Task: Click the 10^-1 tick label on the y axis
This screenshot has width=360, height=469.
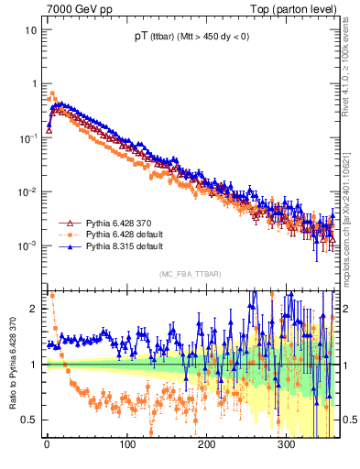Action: tap(28, 137)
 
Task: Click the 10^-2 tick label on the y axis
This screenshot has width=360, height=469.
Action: tap(28, 191)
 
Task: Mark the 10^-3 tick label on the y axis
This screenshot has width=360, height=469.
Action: tap(28, 245)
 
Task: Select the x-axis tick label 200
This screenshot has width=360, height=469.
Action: tap(206, 446)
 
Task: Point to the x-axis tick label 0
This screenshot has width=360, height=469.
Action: tap(47, 446)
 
